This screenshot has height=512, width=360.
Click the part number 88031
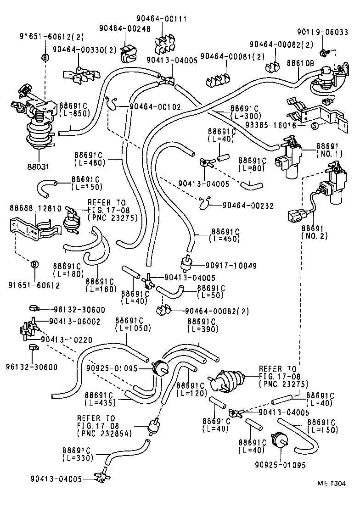coord(38,167)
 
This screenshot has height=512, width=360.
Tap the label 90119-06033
coord(322,32)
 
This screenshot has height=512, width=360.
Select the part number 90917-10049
coord(231,266)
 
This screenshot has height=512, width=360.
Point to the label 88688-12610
coord(36,208)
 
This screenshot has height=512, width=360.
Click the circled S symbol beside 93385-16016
coord(314,126)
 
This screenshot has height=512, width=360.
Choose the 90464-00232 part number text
coord(248,206)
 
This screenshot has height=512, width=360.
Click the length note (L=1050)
coord(133,328)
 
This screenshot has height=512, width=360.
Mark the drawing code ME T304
coord(331,483)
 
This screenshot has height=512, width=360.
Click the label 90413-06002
coord(75,321)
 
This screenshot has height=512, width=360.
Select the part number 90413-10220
coord(67,339)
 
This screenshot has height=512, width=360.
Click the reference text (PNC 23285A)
coord(105,433)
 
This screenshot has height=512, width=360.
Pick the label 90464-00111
coord(161,19)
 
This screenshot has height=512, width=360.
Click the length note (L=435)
coord(100,403)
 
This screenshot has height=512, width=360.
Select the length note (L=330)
coord(78,457)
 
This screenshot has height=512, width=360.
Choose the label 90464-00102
coord(155,106)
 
